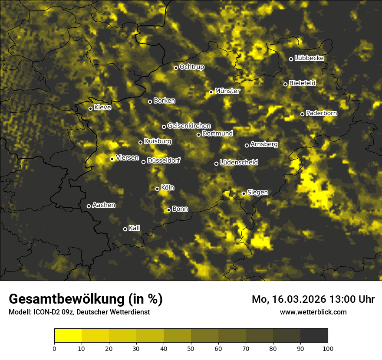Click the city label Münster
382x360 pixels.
tap(227, 91)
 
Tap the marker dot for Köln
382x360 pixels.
tap(157, 189)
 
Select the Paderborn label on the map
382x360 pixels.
tap(322, 113)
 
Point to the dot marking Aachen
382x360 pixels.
tap(89, 206)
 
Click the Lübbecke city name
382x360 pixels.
tap(309, 58)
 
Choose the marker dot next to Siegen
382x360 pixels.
tap(244, 193)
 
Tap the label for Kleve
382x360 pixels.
tap(102, 108)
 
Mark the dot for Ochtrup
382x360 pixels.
tap(176, 68)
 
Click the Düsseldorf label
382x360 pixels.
tap(163, 160)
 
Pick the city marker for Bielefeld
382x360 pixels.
tap(285, 84)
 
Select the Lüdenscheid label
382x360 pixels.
tap(239, 163)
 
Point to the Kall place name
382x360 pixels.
tap(135, 228)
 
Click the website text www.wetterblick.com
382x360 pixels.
tap(313, 312)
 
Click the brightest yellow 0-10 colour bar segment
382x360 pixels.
tap(68, 335)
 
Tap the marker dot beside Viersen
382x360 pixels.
tap(112, 159)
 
